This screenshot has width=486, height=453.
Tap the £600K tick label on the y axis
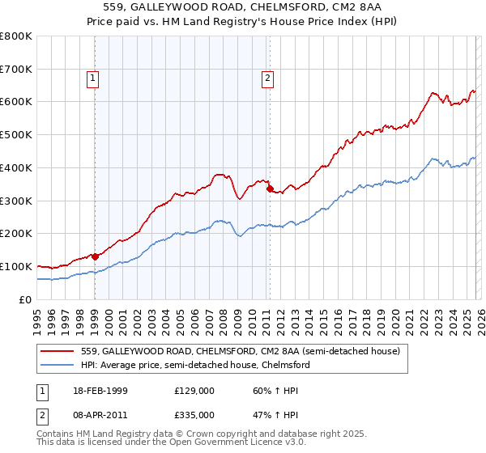tap(16, 102)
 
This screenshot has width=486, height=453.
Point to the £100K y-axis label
tap(16, 266)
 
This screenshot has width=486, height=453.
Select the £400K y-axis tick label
tap(16, 167)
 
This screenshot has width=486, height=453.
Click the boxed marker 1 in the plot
tap(94, 78)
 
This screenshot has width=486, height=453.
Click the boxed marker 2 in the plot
tap(267, 78)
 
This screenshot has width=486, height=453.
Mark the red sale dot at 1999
tap(96, 256)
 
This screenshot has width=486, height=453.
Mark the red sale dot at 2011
tap(270, 189)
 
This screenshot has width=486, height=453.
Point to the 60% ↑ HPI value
tap(273, 391)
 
